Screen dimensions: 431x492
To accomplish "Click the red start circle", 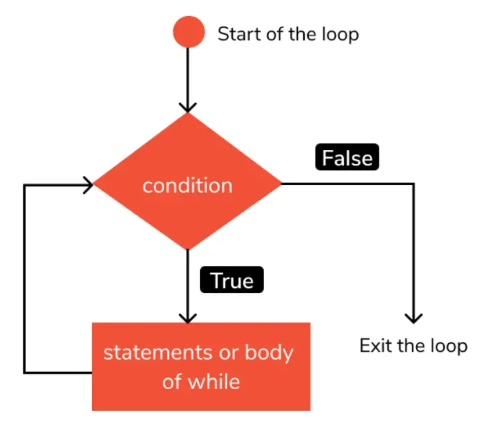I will click(189, 33).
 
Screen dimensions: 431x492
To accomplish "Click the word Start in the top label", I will click(238, 34).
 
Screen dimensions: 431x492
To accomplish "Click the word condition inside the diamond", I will click(188, 185).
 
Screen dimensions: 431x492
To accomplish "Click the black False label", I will click(346, 159).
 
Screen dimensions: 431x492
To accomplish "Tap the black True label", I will click(232, 280).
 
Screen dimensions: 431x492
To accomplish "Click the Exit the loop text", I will click(413, 346).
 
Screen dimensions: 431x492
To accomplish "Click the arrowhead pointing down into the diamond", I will click(189, 107).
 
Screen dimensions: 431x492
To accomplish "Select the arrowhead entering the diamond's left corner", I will click(87, 185).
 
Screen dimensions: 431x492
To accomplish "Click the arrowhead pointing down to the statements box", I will click(189, 316).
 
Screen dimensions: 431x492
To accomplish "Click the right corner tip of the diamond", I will click(282, 184).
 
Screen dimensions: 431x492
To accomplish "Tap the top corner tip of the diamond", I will click(189, 113).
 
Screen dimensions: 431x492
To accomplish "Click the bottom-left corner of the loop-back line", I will click(25, 372).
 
